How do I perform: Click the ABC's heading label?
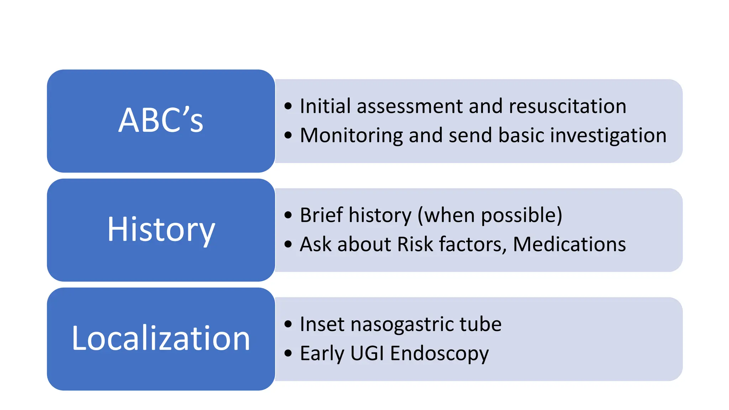pyautogui.click(x=161, y=120)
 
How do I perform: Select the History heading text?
pyautogui.click(x=161, y=230)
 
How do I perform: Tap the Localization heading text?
pyautogui.click(x=161, y=338)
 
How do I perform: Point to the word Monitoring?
pyautogui.click(x=351, y=136)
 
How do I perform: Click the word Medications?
pyautogui.click(x=569, y=245)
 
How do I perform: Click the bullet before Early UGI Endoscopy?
pyautogui.click(x=288, y=354)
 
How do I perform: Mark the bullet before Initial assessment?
pyautogui.click(x=288, y=106)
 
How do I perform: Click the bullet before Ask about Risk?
pyautogui.click(x=288, y=245)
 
